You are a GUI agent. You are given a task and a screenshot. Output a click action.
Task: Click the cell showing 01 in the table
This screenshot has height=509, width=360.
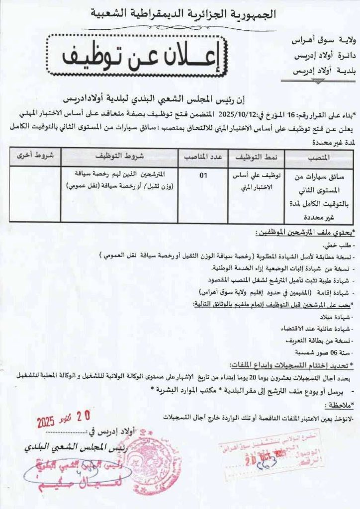point(202,175)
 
